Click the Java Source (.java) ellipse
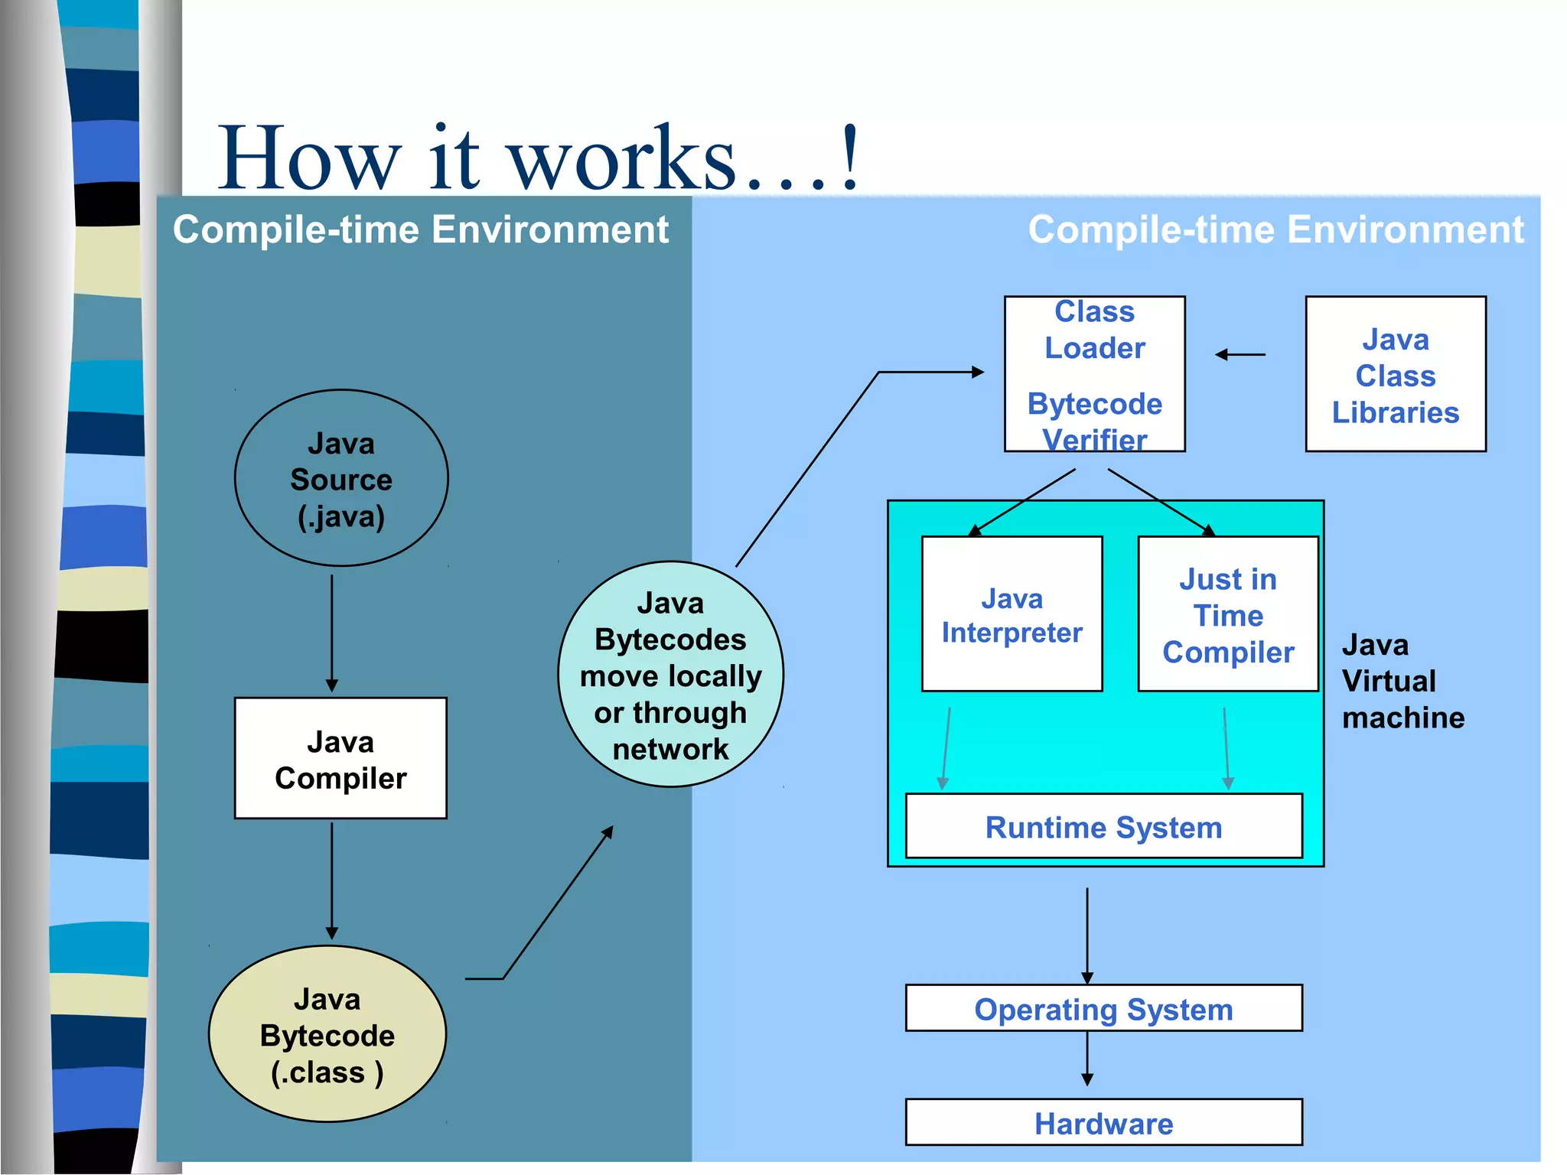click(341, 479)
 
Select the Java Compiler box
click(340, 759)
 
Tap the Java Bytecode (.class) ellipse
click(327, 1034)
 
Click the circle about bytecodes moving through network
click(670, 675)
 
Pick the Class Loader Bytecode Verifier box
click(1094, 375)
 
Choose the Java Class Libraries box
click(1395, 375)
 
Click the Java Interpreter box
click(1012, 614)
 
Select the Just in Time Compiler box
click(1227, 614)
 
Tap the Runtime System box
click(1103, 826)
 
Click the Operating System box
click(1103, 1008)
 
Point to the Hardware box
click(1103, 1122)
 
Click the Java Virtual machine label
click(1402, 681)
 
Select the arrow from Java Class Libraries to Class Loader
click(1240, 355)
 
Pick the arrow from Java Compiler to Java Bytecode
click(332, 880)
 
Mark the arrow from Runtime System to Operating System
click(1087, 935)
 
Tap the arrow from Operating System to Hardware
click(1087, 1058)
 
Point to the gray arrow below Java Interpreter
click(946, 748)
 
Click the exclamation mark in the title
click(849, 157)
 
